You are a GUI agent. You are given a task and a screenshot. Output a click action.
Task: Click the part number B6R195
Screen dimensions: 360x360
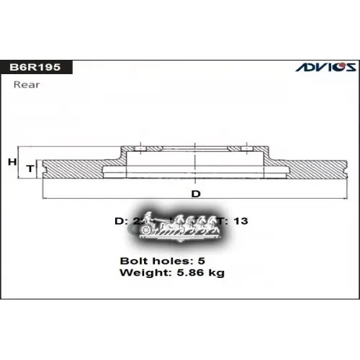(40, 67)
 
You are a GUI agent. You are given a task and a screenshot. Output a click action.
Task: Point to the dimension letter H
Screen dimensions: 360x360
(12, 161)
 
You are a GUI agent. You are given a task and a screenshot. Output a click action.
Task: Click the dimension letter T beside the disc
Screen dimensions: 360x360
(30, 168)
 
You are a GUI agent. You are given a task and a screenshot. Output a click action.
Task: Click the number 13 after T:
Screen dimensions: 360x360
(240, 221)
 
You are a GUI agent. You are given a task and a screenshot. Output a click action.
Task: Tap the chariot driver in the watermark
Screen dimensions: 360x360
(148, 219)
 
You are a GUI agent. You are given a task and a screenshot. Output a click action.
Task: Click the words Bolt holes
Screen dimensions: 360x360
(148, 260)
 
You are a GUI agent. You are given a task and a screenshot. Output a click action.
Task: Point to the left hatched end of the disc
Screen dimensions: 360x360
(72, 169)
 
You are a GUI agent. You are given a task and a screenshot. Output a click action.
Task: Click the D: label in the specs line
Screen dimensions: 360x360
(121, 221)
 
